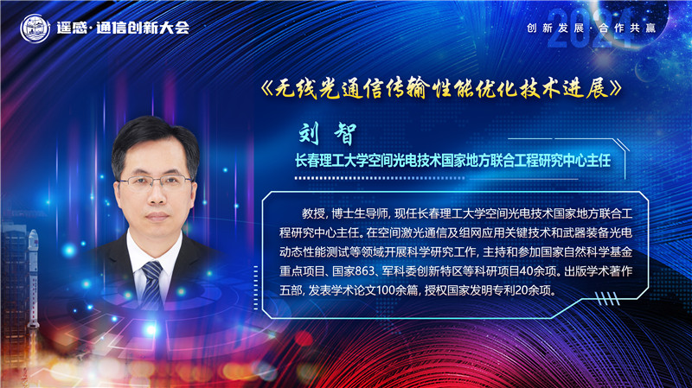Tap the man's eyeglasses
155,181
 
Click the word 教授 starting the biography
312,213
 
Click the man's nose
156,197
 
